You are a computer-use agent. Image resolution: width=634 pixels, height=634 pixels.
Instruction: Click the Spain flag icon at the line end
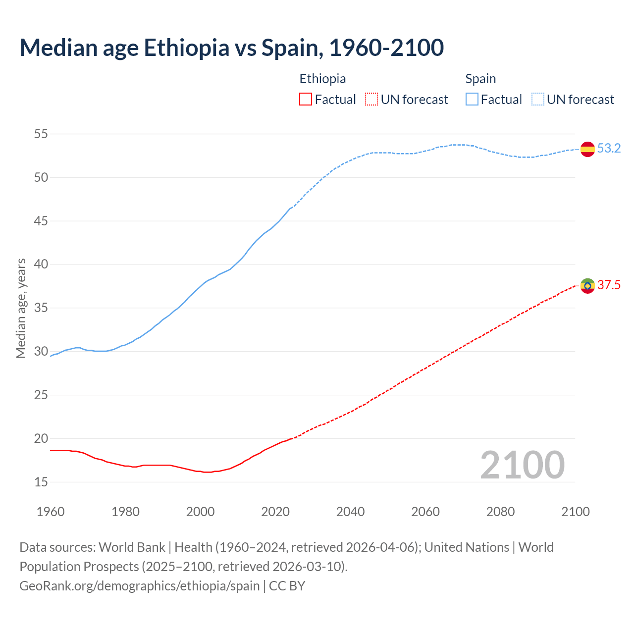click(587, 149)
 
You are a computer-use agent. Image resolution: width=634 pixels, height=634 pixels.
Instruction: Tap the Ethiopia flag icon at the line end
click(587, 285)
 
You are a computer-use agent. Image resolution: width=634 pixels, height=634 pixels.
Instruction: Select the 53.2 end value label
click(609, 149)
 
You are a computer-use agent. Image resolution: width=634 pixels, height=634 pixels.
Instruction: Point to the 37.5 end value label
click(609, 285)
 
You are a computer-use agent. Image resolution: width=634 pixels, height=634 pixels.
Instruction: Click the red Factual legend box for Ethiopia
click(306, 100)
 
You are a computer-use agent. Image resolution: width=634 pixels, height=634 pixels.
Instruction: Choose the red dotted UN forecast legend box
click(371, 100)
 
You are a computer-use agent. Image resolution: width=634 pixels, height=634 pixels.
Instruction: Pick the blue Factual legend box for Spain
click(472, 100)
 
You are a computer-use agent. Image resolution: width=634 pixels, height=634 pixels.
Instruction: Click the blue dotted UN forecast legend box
click(538, 100)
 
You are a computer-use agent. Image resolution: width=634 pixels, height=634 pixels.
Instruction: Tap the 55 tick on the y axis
click(41, 134)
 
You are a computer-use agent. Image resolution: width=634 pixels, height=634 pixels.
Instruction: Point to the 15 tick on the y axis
click(41, 482)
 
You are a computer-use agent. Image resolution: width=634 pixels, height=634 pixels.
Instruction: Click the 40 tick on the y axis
click(41, 264)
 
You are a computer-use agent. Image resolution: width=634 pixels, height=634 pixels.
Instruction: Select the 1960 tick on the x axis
click(51, 512)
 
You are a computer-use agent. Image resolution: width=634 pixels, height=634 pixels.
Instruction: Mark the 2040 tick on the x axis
click(350, 512)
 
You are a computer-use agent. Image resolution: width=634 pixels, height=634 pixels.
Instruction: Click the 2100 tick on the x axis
click(576, 512)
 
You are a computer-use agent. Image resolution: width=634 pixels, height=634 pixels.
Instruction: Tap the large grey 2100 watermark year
click(523, 465)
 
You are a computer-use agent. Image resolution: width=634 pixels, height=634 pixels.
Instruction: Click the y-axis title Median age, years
click(21, 308)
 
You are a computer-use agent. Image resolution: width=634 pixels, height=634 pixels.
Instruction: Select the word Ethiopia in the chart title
click(187, 48)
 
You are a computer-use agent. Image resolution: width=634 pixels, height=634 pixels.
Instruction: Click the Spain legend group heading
click(480, 79)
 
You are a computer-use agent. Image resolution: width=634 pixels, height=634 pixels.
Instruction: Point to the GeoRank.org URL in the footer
click(139, 586)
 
